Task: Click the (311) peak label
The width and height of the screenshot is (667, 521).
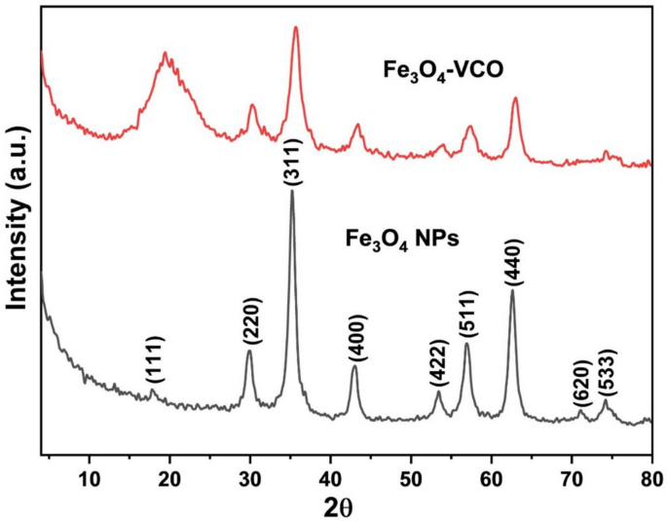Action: click(x=293, y=162)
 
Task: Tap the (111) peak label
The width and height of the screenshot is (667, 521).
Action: click(x=155, y=359)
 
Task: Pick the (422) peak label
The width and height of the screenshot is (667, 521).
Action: click(x=439, y=363)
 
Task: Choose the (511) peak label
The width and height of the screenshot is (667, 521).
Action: click(x=468, y=314)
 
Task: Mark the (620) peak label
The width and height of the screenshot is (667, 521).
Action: click(x=582, y=384)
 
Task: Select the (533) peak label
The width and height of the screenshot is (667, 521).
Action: click(x=607, y=373)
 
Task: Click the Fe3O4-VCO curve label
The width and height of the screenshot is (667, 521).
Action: click(x=443, y=70)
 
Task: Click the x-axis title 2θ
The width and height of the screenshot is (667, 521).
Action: click(x=339, y=507)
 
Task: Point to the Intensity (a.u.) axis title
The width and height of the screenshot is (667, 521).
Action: click(x=18, y=219)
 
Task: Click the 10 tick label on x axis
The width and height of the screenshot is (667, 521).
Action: click(x=90, y=479)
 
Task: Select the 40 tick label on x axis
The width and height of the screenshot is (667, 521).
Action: click(x=330, y=479)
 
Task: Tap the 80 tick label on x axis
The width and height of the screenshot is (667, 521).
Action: click(x=651, y=479)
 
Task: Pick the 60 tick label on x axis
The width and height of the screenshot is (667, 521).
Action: click(x=492, y=479)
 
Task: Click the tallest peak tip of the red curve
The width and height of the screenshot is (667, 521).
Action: click(x=296, y=27)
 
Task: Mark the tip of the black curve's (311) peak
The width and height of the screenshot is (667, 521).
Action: click(x=292, y=190)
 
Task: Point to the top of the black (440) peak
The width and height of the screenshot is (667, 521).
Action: click(x=512, y=289)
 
